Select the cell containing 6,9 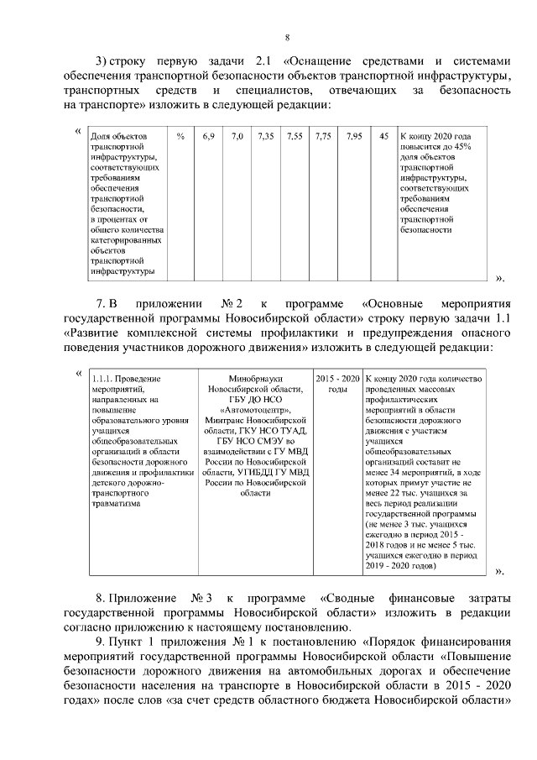click(209, 136)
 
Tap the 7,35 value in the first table click(266, 136)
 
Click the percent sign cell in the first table click(180, 136)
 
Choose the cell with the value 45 click(383, 136)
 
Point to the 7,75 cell click(323, 136)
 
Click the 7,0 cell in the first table click(237, 136)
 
